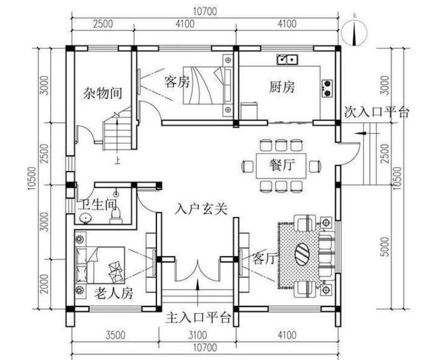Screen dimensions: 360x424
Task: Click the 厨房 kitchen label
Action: pos(282,87)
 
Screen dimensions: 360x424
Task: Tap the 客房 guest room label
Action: pos(177,83)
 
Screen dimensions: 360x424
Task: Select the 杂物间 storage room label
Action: pos(102,93)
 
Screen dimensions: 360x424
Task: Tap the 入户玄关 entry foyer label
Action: pos(201,209)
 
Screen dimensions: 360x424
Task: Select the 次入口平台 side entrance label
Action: pos(376,112)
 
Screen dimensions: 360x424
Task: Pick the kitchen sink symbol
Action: pos(288,60)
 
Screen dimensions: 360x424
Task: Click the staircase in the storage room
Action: pos(117,130)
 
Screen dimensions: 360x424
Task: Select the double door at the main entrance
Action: pos(197,272)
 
